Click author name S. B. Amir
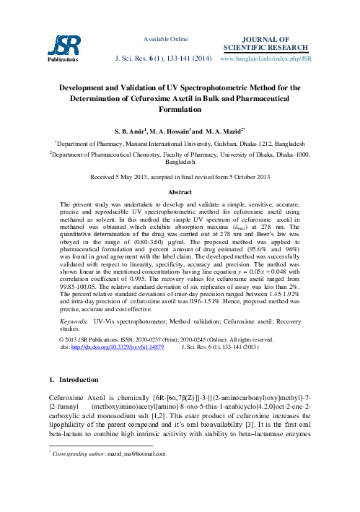coord(134,133)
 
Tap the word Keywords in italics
coord(74,318)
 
